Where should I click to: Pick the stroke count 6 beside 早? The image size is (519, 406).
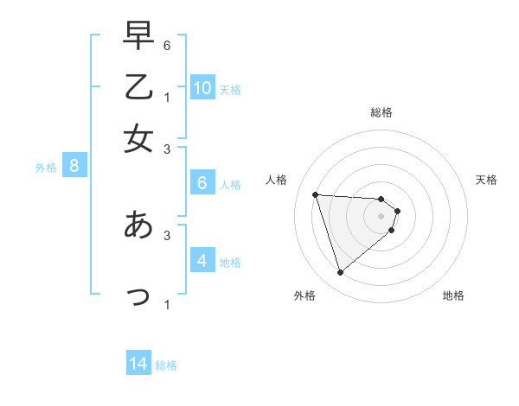(167, 44)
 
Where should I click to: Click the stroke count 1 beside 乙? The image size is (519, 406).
(167, 96)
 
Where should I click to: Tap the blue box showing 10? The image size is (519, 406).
(202, 87)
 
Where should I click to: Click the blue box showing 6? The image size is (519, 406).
(202, 183)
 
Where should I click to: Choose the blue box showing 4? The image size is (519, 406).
(202, 260)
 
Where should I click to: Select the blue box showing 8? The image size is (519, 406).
(74, 166)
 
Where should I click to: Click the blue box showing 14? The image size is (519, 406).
(138, 364)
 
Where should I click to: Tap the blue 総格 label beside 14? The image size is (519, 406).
(166, 365)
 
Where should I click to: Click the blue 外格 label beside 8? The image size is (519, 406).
(46, 168)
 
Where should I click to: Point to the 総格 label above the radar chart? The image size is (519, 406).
(381, 112)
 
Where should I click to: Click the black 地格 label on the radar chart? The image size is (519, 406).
(453, 295)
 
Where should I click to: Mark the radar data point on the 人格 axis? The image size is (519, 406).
(316, 194)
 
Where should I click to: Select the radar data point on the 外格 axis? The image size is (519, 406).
(340, 273)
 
